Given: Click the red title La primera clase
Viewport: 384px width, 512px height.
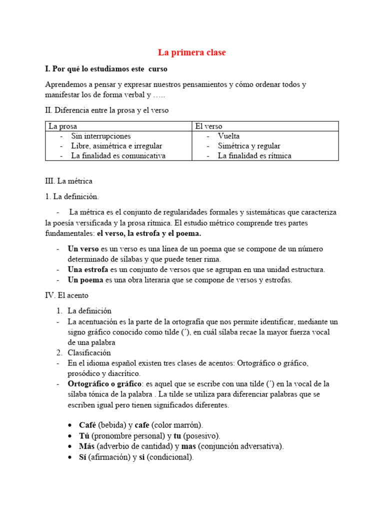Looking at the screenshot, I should pos(192,52).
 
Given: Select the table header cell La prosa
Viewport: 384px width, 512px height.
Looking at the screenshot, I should pos(62,126).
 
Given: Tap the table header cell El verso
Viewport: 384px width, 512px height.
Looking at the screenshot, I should pos(209,126).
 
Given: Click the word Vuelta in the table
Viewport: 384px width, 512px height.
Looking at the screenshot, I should pos(228,136).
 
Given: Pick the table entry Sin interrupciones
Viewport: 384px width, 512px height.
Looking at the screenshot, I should pos(101,136).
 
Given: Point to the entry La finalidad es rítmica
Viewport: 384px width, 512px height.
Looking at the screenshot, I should pos(254,155).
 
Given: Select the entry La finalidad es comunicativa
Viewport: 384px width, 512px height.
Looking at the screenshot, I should pos(118,155).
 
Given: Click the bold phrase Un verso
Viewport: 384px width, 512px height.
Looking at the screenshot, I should pos(83,249).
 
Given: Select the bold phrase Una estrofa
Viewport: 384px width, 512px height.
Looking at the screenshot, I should pos(87,269).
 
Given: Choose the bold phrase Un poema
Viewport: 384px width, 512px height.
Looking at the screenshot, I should pos(85,280).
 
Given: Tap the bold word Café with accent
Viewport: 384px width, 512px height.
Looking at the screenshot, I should pos(87,425).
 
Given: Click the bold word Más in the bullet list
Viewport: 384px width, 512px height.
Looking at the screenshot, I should pos(87,446).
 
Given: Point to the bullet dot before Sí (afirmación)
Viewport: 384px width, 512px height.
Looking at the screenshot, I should pos(70,457).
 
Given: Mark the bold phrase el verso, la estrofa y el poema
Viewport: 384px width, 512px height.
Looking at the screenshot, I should pos(149,233).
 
